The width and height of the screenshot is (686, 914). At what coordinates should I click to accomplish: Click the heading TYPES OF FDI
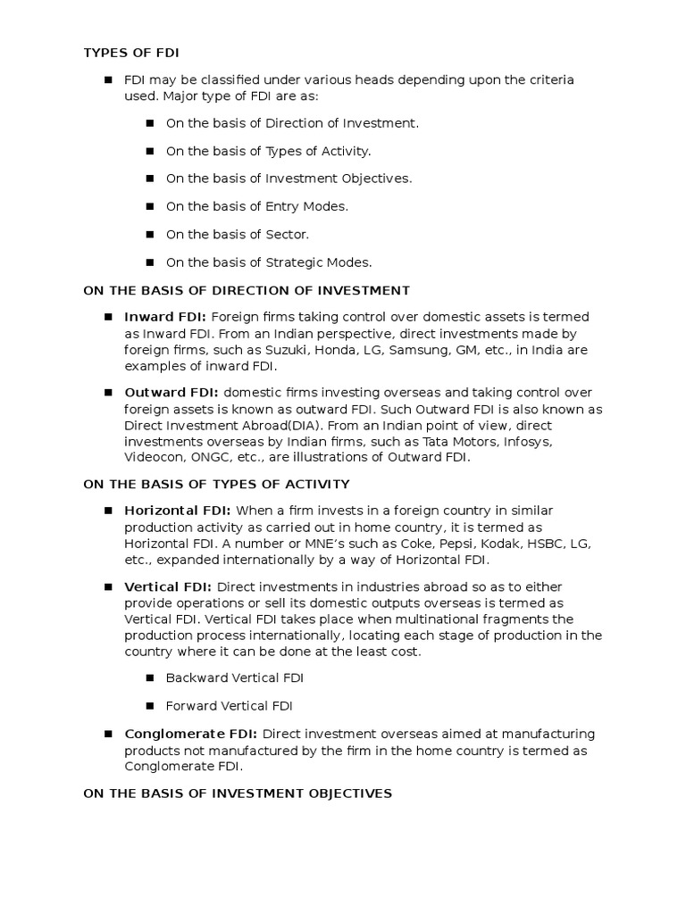pos(131,52)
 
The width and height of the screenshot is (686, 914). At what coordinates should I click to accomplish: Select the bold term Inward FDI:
pos(165,317)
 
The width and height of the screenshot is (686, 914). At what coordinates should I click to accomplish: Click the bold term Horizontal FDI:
pos(178,511)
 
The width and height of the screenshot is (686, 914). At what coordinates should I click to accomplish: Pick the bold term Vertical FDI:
pos(168,586)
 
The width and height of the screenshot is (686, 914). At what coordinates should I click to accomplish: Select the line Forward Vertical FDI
pos(229,706)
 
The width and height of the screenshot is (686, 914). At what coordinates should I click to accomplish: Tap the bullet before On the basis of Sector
pos(148,234)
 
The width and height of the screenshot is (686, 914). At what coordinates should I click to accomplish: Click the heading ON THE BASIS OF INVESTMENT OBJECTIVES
pos(238,793)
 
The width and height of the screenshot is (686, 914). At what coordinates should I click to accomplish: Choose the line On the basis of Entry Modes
pos(256,206)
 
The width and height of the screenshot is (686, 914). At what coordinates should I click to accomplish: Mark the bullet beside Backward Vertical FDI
pos(148,678)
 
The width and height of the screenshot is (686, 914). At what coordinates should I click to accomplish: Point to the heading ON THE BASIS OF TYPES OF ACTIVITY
pos(216,484)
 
